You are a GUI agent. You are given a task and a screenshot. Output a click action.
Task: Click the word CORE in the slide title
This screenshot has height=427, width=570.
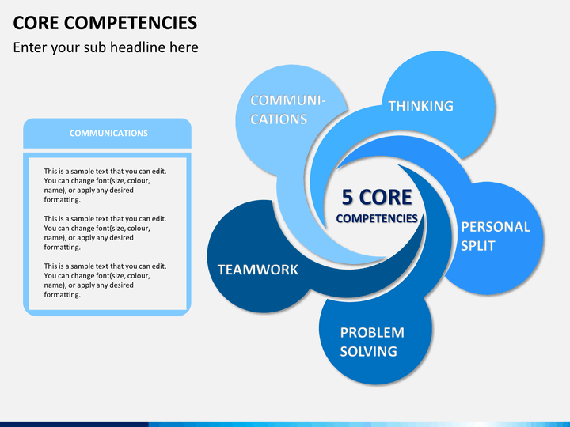click(36, 23)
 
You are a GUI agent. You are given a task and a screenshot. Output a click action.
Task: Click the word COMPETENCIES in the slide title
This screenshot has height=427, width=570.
click(131, 23)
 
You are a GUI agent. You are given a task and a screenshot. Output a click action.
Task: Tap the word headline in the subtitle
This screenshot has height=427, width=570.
click(138, 47)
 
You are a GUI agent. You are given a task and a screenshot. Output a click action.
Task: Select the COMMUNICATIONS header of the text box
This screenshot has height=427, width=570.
click(108, 134)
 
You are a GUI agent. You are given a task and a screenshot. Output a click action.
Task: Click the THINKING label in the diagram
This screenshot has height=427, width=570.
click(421, 106)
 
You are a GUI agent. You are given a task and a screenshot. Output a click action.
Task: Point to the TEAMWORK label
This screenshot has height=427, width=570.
click(258, 270)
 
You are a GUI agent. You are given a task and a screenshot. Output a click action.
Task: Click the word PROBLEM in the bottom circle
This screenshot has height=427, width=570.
click(372, 333)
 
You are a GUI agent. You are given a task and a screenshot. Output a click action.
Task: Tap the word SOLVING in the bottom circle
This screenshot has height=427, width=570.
click(369, 351)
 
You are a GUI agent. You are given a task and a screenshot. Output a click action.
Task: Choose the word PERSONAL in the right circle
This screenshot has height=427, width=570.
click(496, 227)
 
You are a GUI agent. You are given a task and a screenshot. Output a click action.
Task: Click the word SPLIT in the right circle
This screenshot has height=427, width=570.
click(478, 246)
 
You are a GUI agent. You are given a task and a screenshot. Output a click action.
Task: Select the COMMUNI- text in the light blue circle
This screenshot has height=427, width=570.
click(287, 100)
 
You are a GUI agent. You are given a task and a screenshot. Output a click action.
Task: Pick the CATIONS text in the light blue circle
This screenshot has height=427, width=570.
click(279, 119)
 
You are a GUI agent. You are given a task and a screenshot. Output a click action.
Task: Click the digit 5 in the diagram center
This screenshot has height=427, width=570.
click(348, 197)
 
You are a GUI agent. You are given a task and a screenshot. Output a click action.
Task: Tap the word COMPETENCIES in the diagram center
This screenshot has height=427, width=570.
click(377, 218)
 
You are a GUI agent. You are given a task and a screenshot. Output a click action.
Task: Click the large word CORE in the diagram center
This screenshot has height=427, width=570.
click(386, 197)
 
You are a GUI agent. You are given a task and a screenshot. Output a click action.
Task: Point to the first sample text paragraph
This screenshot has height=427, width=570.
click(105, 185)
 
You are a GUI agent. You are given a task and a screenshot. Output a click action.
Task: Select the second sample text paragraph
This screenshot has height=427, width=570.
click(105, 232)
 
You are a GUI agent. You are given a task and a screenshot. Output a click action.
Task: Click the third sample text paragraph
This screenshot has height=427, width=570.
click(105, 280)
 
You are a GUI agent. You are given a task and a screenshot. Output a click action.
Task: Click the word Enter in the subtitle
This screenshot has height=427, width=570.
click(30, 47)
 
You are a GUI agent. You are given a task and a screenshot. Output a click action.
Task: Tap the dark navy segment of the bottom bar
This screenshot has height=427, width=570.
click(74, 425)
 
